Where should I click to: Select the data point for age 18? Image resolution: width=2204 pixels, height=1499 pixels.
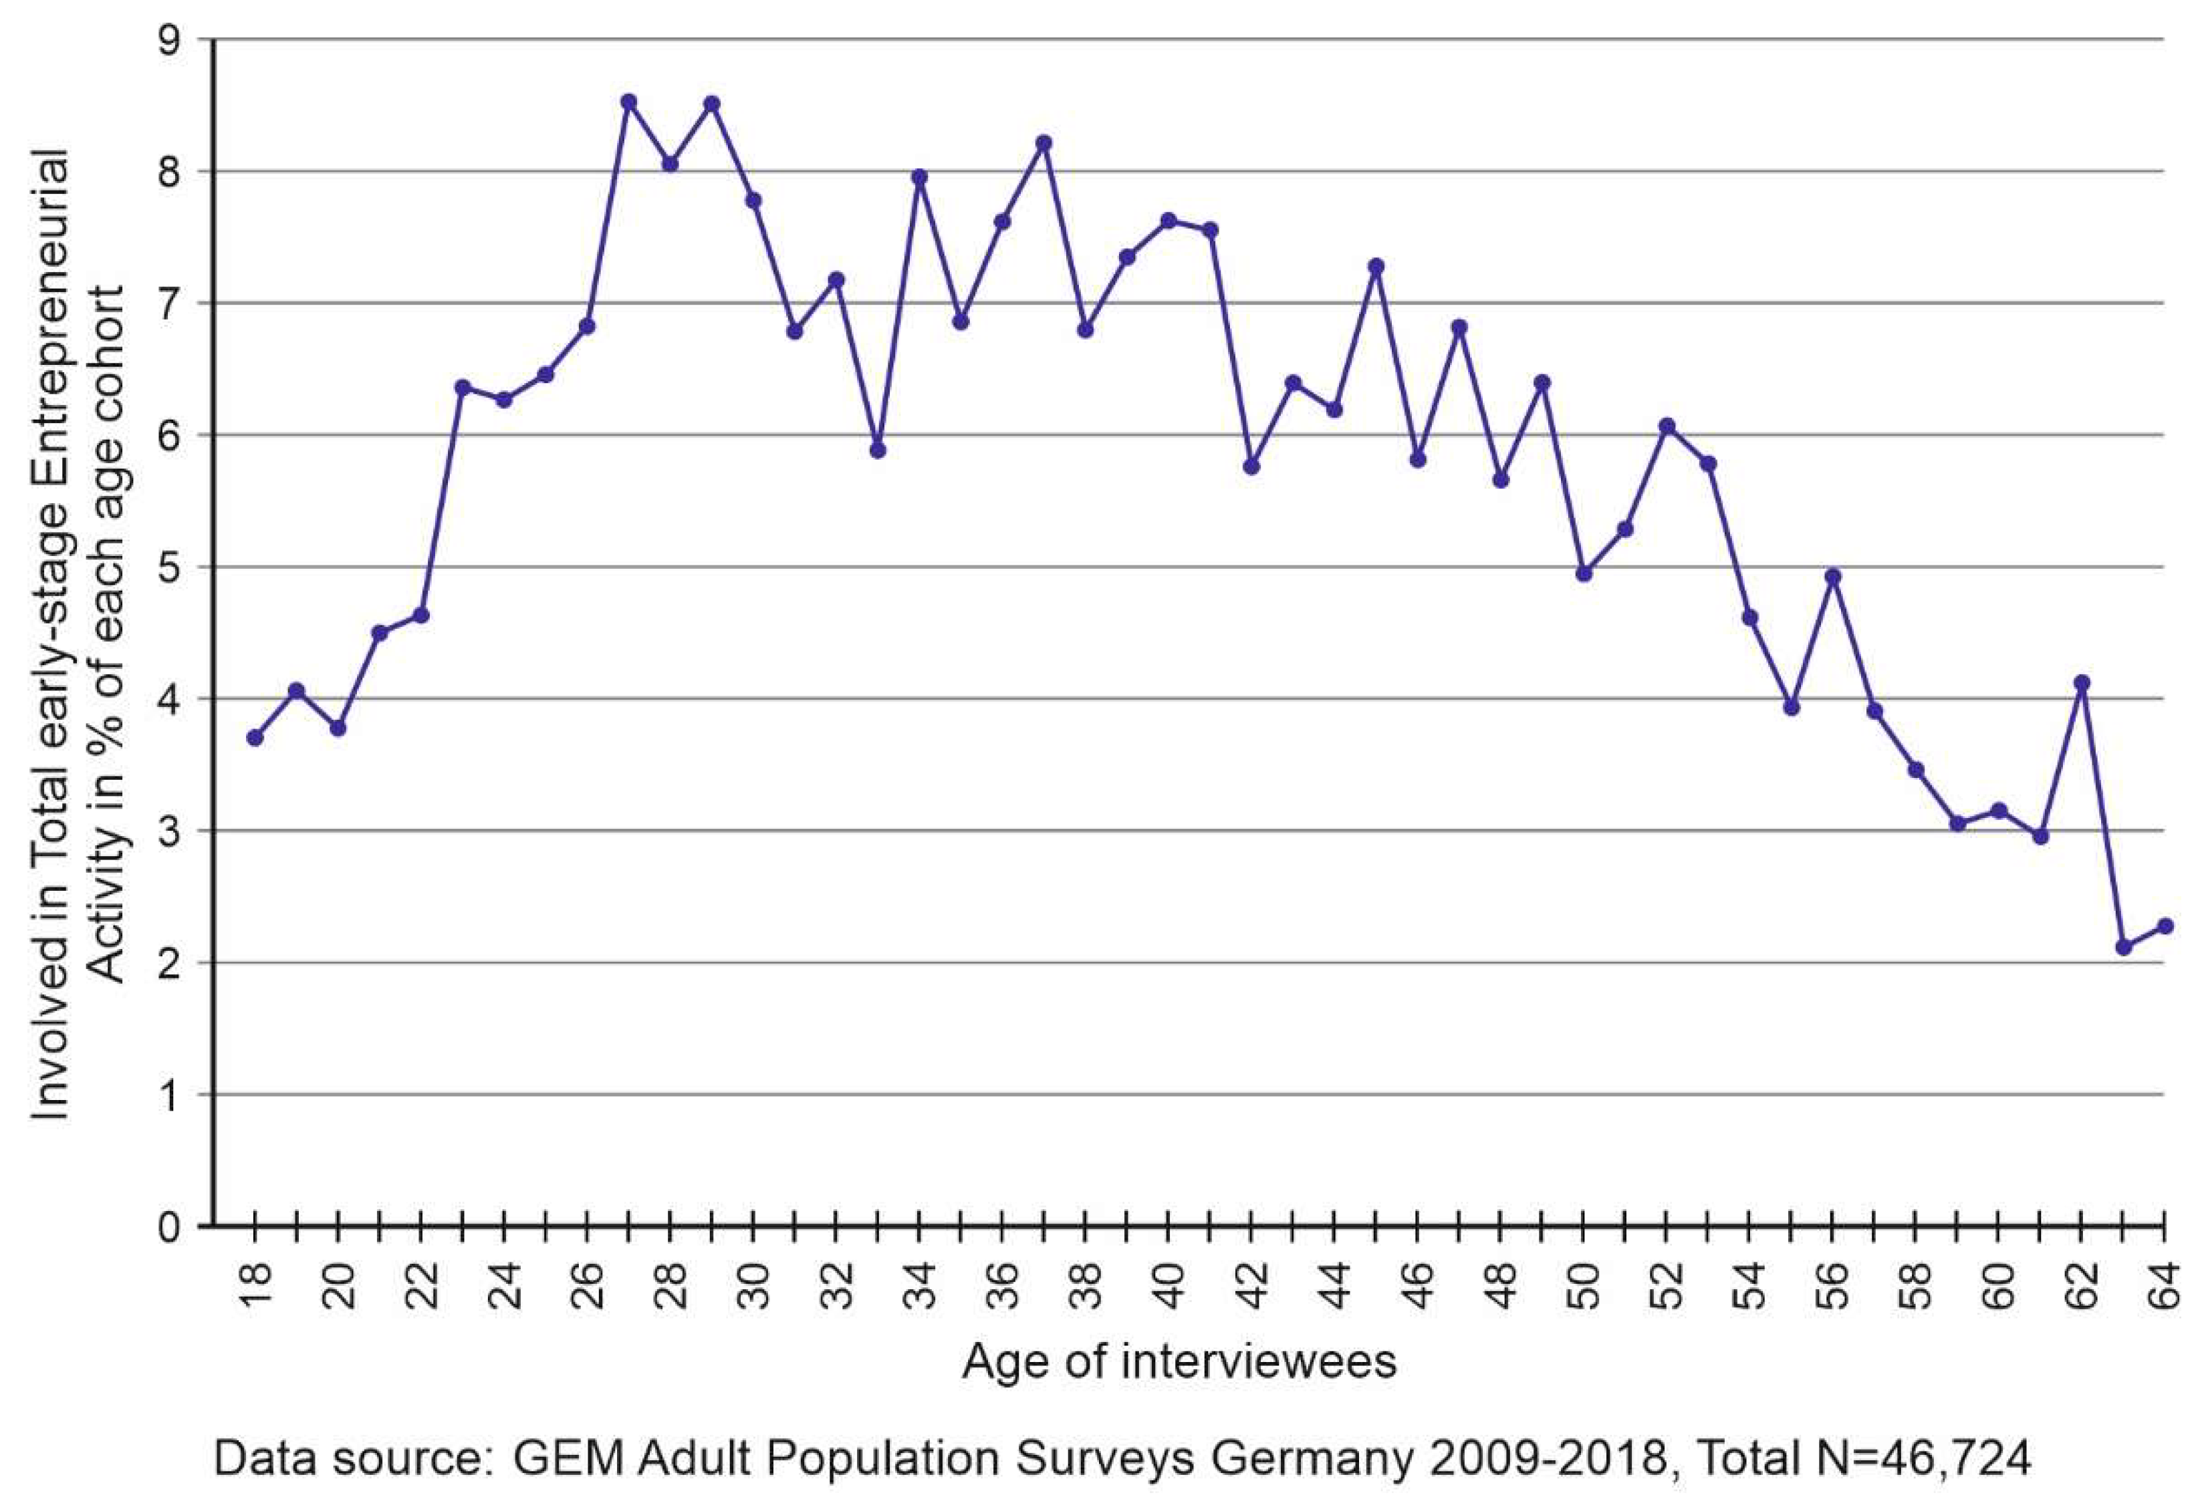pos(254,738)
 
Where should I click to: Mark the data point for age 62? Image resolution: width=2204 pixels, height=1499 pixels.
pos(2082,682)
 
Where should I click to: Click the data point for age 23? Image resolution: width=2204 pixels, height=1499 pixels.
pos(463,387)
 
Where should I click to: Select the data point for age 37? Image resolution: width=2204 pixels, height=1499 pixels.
pos(1044,143)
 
